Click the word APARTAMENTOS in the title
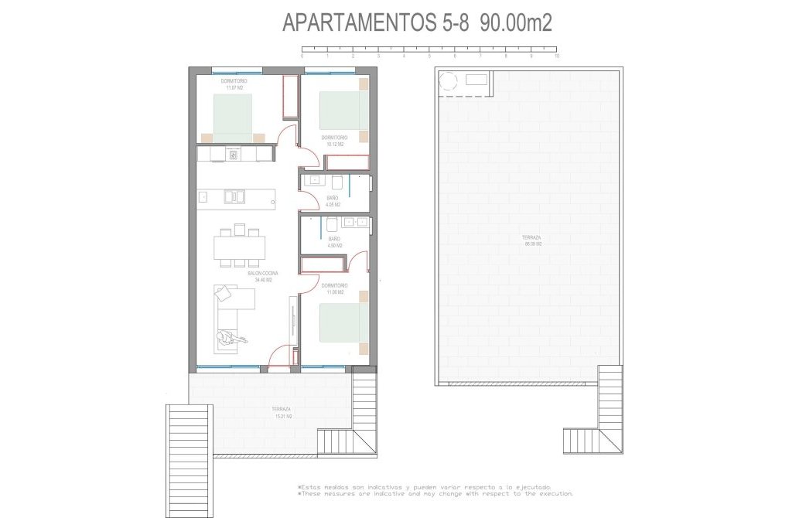360,23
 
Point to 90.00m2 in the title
516,23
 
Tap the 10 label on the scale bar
556,56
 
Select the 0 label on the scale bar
302,56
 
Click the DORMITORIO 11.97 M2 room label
234,84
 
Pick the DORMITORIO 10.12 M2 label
335,141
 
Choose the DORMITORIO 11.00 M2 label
335,288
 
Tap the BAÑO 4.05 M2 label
332,202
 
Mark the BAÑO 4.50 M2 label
334,242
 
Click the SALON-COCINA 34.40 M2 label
263,277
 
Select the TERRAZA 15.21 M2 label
281,412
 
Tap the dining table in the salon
240,247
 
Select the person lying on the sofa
231,337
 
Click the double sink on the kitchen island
234,196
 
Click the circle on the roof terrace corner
448,80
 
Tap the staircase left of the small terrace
189,461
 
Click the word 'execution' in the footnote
552,493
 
